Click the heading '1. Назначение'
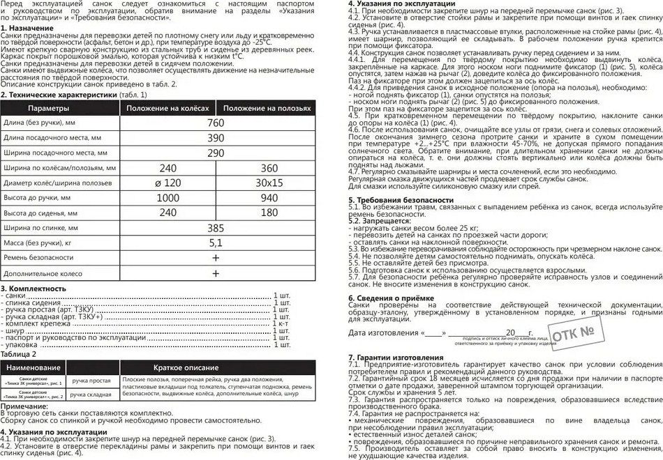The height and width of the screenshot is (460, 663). click(30, 36)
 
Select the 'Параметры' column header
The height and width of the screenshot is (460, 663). click(48, 108)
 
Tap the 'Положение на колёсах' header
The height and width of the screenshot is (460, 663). click(167, 108)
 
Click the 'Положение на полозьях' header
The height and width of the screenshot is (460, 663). click(267, 108)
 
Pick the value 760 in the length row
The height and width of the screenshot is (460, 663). click(216, 123)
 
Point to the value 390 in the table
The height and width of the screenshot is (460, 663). click(216, 138)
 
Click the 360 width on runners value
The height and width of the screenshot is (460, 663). click(269, 168)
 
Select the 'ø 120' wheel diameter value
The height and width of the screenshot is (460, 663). click(167, 183)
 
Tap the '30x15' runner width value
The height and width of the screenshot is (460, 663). click(269, 183)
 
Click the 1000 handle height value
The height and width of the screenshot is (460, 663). click(167, 198)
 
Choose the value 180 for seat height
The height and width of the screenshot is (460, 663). click(269, 213)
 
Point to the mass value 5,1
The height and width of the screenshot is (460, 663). click(216, 243)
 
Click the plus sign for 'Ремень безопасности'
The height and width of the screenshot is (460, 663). click(216, 258)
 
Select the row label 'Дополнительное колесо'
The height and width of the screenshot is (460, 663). click(41, 273)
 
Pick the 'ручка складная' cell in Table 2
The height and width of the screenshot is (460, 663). click(91, 394)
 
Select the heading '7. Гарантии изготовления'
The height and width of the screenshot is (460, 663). click(396, 358)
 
